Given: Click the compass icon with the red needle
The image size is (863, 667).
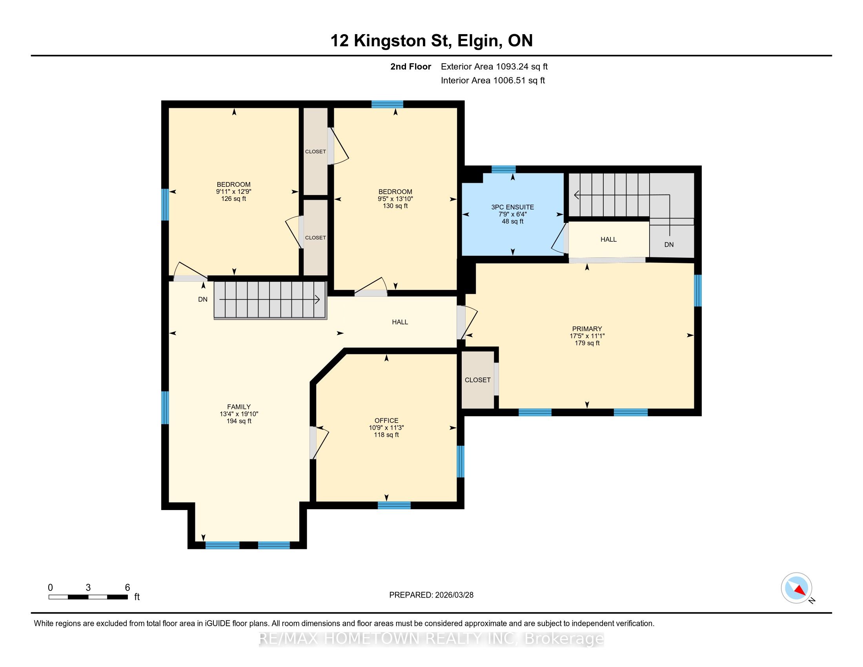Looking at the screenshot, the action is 796,588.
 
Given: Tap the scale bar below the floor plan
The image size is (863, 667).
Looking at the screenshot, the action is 88,597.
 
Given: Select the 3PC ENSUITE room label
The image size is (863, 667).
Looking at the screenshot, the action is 513,207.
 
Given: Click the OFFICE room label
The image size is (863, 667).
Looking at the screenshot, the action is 386,421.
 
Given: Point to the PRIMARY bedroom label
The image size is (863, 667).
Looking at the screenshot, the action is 587,329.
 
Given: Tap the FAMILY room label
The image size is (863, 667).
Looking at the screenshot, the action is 239,406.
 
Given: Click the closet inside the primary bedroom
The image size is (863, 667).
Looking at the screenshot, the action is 478,380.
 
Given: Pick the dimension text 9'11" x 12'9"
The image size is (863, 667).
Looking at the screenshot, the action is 233,191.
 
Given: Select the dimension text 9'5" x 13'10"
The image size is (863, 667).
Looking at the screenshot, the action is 395,199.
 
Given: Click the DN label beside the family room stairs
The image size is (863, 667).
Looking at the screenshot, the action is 203,299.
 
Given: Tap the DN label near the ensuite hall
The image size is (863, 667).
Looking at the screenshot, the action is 669,244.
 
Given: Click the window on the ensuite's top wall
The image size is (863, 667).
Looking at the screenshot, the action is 503,169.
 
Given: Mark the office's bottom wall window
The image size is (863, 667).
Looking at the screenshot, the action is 394,505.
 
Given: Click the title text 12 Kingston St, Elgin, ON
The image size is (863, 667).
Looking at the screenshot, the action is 431,41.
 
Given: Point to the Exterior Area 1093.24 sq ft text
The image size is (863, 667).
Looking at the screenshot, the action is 494,66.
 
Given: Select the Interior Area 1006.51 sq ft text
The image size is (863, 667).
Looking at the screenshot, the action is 493,80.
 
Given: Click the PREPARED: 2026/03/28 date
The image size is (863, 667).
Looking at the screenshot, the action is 431,595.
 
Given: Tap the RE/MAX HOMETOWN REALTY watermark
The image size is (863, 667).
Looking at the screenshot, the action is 431,639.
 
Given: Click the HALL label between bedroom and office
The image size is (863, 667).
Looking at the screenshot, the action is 400,322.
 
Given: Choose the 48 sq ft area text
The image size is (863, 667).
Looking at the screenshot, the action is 513,221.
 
